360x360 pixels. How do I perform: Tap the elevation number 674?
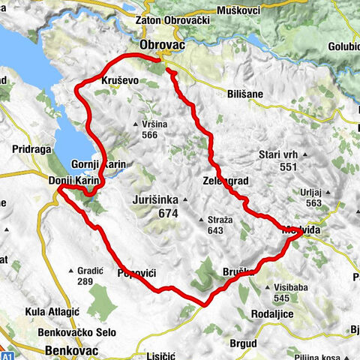pos(169,214)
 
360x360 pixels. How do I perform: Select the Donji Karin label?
pos(73,181)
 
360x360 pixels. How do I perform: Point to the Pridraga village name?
pos(31,149)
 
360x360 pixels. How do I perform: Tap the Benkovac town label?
pos(73,349)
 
